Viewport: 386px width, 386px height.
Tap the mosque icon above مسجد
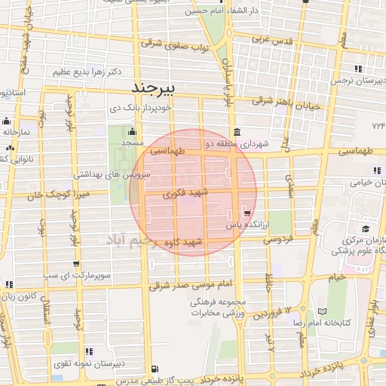tap(132, 133)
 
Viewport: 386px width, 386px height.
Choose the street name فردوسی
tap(278, 240)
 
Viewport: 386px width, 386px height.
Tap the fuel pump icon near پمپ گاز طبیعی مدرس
tap(155, 369)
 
